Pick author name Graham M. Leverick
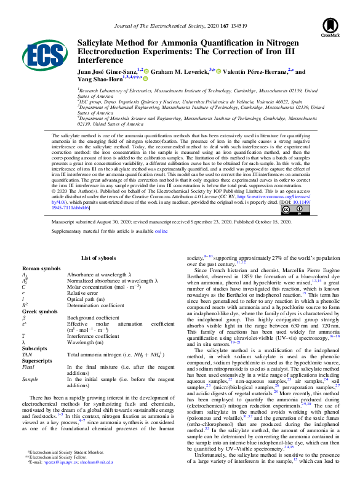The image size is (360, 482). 179,71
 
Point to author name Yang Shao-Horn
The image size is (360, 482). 98,78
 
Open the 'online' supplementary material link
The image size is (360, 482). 161,231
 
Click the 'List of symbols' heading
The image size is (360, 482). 98,259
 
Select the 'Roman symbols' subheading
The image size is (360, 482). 40,269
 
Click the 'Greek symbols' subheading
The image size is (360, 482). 39,311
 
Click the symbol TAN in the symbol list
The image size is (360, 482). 27,355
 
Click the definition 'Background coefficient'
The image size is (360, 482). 94,317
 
